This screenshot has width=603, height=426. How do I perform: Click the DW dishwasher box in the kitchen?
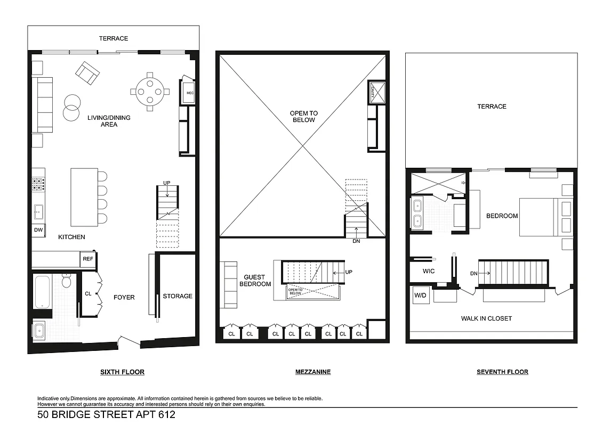click(x=38, y=230)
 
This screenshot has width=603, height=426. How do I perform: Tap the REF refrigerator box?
click(x=87, y=259)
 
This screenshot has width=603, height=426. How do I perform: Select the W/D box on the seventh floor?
click(x=417, y=294)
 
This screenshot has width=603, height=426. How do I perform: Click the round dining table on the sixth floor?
click(x=150, y=92)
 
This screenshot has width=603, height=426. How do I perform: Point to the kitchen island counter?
click(x=84, y=197)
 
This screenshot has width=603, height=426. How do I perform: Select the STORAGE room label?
click(x=178, y=296)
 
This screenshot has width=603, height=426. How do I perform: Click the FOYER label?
click(x=124, y=297)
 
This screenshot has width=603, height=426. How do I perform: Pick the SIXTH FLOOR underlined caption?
click(x=122, y=372)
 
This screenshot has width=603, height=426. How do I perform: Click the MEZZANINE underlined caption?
click(x=313, y=372)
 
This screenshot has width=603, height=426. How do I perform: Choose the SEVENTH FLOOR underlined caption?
click(x=502, y=372)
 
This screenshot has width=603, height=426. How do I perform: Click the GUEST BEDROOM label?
click(x=258, y=281)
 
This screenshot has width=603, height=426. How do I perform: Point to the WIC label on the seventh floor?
click(x=428, y=271)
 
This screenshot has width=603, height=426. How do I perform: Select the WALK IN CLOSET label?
click(x=486, y=318)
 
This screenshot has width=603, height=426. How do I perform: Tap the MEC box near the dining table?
click(x=189, y=93)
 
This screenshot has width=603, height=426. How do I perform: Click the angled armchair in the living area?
click(x=87, y=73)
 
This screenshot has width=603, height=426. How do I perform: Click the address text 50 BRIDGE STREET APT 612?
click(x=106, y=414)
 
